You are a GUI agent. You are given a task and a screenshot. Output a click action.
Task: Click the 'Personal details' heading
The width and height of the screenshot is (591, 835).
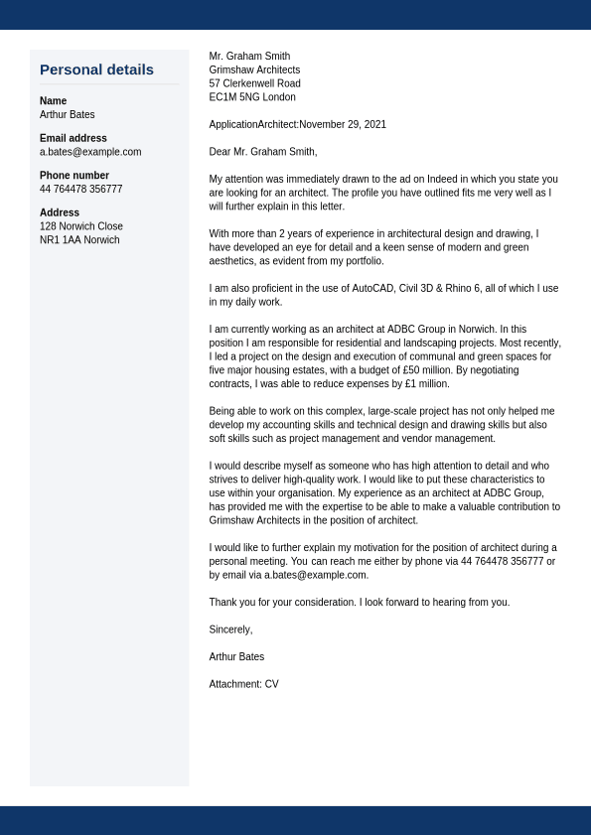coord(96,70)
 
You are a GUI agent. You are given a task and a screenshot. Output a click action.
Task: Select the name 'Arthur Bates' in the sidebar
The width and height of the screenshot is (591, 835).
coord(68,115)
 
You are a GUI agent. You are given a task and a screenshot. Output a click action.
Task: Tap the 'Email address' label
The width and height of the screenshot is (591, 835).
coord(74,138)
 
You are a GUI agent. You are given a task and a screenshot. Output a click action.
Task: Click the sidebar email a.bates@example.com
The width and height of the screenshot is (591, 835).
coord(90,152)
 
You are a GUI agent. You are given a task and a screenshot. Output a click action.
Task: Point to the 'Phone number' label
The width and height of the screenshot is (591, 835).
coord(74,176)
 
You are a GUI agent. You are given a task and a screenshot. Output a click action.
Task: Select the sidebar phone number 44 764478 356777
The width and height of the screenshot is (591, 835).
coord(81,190)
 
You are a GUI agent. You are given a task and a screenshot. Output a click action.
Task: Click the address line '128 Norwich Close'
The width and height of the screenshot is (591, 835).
coord(81,226)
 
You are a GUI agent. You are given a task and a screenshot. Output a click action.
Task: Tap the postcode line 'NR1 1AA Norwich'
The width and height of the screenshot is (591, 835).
coord(79,240)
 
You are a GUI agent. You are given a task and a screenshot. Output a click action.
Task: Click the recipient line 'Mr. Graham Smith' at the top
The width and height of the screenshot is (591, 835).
coord(249,57)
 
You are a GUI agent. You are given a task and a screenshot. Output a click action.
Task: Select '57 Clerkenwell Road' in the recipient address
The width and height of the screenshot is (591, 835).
coord(254,83)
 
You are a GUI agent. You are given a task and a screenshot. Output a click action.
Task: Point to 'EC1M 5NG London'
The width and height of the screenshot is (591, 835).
coord(252,97)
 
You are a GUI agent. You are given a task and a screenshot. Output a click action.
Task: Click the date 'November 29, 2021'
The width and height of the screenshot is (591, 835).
coord(343,125)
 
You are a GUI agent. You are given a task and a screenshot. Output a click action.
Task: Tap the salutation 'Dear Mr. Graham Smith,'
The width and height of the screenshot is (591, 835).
coord(263,152)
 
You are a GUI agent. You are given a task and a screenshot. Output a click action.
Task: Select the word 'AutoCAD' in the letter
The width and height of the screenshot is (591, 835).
coord(372,289)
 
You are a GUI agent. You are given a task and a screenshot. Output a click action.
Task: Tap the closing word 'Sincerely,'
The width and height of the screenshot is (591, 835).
coord(230,629)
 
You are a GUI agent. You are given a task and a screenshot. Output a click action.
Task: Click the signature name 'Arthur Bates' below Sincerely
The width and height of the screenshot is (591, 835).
coord(236,657)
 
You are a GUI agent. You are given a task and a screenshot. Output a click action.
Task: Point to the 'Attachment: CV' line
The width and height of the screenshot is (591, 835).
coord(243,684)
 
